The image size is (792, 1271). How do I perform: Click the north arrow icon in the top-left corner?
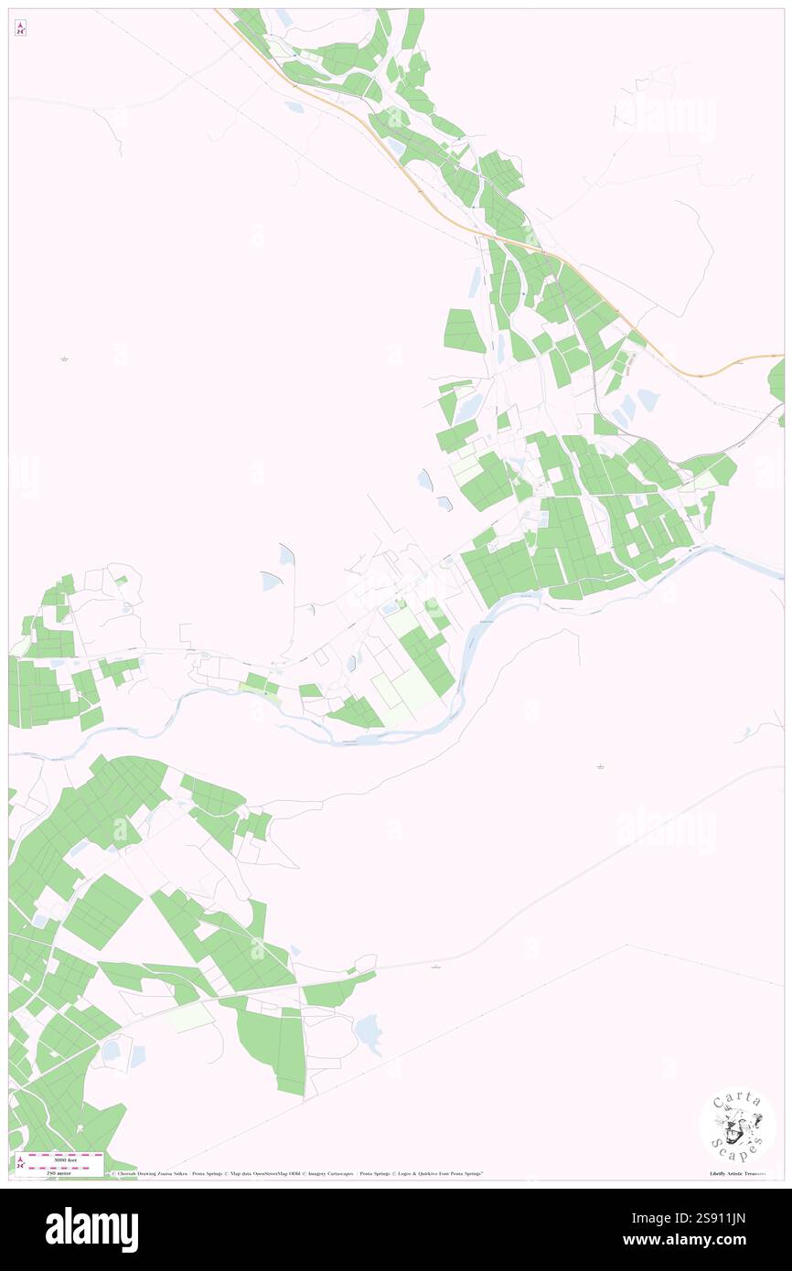[20, 27]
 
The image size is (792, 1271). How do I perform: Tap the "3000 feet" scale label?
[63, 1158]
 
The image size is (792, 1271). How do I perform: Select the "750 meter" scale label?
[63, 1172]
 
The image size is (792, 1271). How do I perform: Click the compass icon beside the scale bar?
[20, 1163]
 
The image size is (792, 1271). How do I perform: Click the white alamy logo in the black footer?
[91, 1229]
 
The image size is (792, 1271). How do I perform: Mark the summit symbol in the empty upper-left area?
[64, 358]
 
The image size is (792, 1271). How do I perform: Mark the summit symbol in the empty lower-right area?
[600, 765]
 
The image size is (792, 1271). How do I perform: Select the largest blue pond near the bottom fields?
[368, 1031]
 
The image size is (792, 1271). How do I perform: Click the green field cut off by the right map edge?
[777, 379]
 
